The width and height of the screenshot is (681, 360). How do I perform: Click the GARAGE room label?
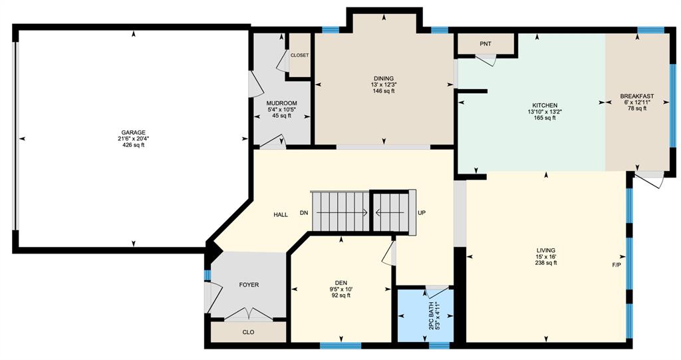[x=133, y=132]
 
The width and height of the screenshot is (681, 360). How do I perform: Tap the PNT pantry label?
[x=485, y=44]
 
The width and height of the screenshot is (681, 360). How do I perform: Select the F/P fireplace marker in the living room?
[x=616, y=265]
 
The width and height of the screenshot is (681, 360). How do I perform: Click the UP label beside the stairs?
[x=422, y=213]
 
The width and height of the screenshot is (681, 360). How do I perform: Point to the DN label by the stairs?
[x=304, y=213]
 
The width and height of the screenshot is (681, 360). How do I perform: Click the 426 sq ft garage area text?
[x=133, y=145]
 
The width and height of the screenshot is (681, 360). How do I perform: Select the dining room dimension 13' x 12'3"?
[x=384, y=85]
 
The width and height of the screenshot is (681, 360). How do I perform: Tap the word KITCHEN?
[x=545, y=106]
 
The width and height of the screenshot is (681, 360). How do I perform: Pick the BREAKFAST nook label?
[x=637, y=96]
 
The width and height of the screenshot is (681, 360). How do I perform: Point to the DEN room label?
[x=341, y=283]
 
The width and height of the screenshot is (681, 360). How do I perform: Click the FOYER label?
[x=249, y=285]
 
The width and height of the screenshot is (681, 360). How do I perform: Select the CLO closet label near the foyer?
[x=249, y=332]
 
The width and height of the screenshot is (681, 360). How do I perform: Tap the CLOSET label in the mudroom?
[x=300, y=55]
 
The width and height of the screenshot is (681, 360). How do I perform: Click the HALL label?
[x=281, y=215]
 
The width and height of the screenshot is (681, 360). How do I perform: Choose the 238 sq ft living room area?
[x=546, y=263]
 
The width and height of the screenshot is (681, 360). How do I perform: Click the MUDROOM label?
[x=282, y=104]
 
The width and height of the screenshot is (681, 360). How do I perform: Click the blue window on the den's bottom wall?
[x=340, y=345]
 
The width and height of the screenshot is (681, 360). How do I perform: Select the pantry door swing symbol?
[x=485, y=61]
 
